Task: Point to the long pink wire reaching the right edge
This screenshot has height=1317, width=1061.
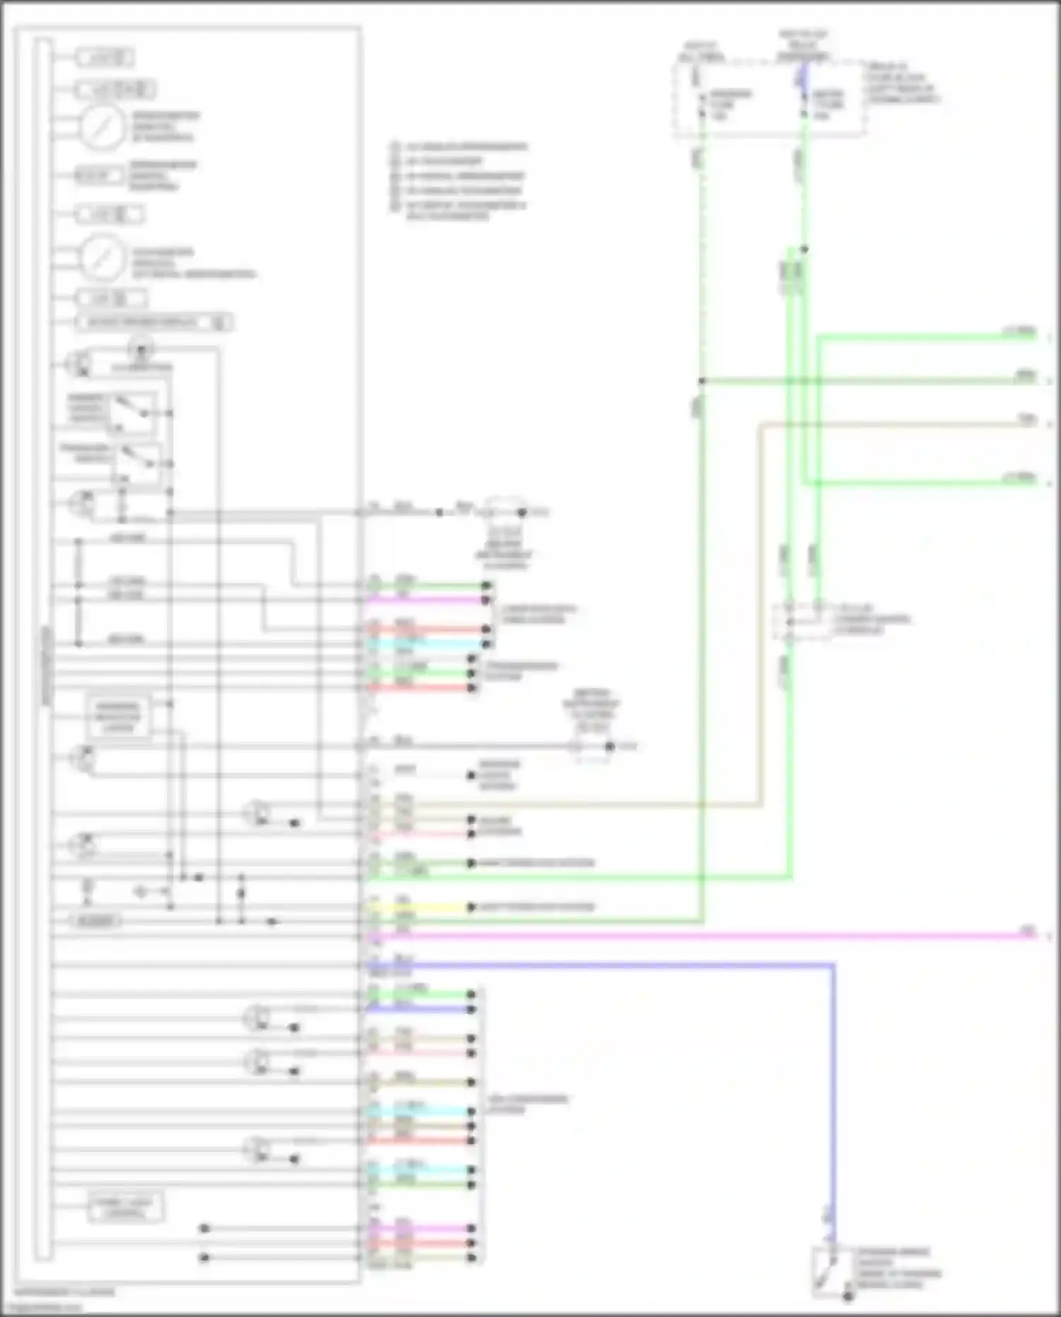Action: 707,936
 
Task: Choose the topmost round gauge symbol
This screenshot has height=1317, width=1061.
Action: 102,127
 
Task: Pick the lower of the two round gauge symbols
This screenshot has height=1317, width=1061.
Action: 102,258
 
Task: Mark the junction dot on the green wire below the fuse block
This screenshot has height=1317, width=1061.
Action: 804,249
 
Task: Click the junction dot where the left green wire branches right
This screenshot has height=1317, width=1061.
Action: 702,381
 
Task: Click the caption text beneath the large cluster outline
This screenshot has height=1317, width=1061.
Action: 64,1292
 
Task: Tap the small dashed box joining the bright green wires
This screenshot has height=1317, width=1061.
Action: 803,621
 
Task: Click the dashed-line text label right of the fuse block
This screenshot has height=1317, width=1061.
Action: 902,83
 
